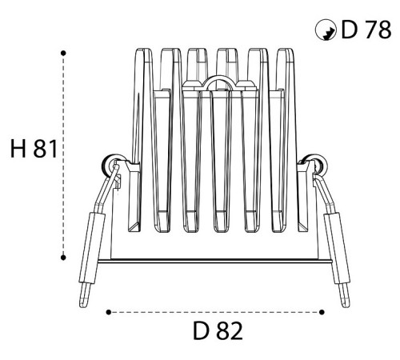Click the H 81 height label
[34, 149]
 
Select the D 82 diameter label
[218, 331]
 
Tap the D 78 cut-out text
[366, 30]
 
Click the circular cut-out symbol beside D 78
[326, 30]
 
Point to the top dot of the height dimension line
[63, 54]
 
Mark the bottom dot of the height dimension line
[63, 258]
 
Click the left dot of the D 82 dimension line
[108, 312]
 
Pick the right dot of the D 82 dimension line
[322, 312]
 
